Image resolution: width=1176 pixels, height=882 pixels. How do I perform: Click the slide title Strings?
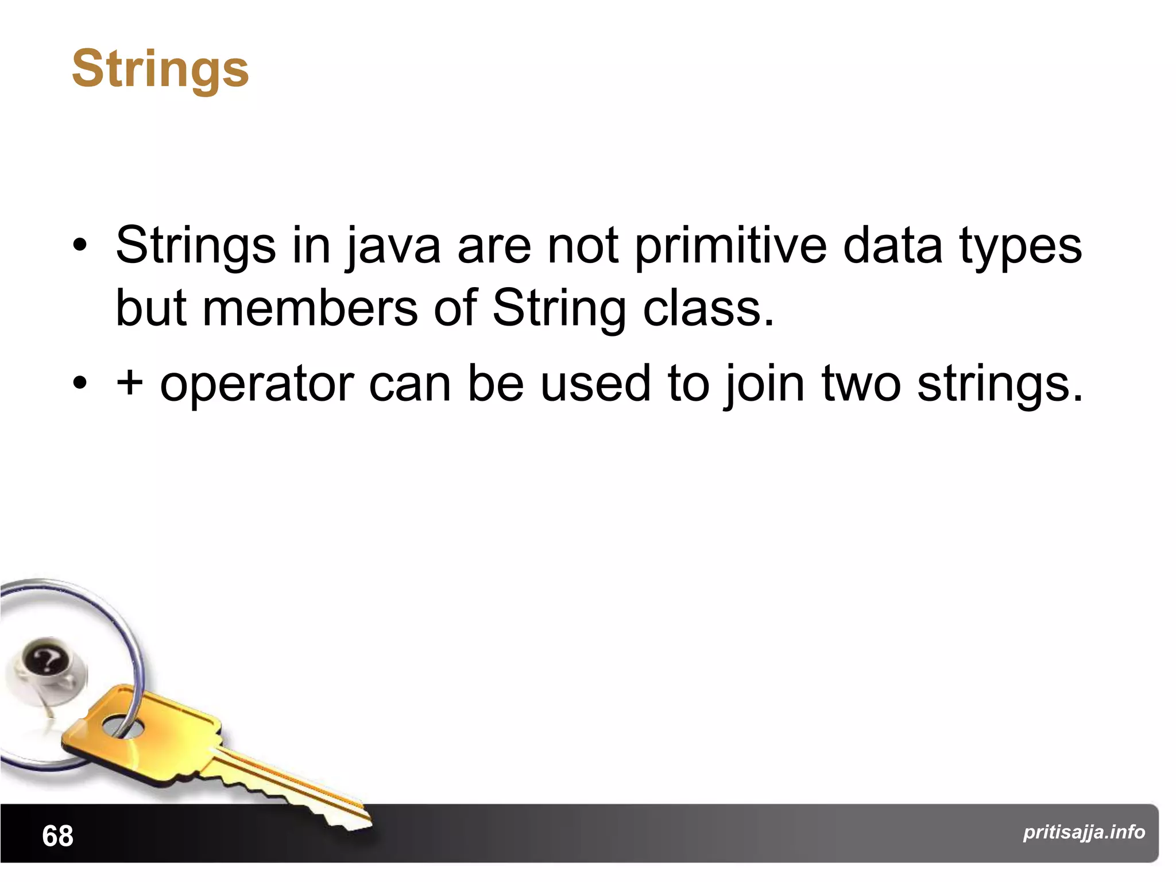tap(160, 69)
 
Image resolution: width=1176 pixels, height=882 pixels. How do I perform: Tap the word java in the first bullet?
tap(393, 246)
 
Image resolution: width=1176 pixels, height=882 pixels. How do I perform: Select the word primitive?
tap(730, 246)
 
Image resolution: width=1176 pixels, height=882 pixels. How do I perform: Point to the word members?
tap(310, 308)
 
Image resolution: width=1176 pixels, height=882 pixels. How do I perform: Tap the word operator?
tap(257, 385)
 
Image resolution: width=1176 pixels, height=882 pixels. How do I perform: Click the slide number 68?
tap(57, 836)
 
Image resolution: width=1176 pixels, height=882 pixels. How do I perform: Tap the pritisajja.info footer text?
tap(1084, 832)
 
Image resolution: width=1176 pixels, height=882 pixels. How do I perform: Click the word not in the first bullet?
tap(583, 246)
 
